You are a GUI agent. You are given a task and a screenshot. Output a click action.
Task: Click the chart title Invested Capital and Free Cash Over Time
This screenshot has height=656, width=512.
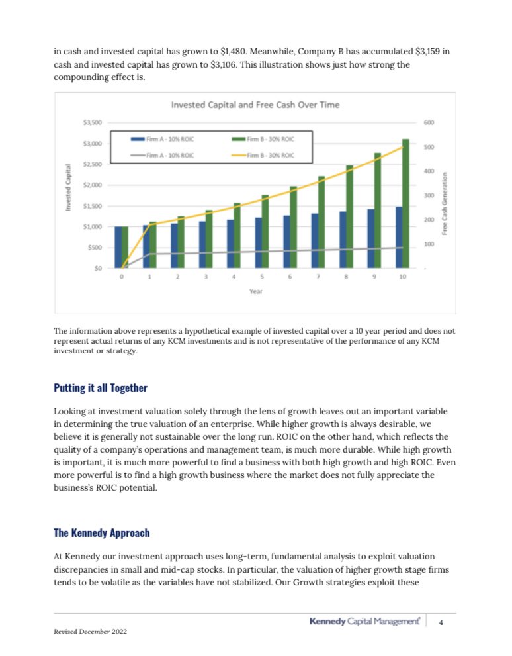pyautogui.click(x=255, y=105)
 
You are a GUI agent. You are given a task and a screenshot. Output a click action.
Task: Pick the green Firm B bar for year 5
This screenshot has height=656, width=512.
pyautogui.click(x=265, y=232)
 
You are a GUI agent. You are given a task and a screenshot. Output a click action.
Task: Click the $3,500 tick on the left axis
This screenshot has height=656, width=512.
pyautogui.click(x=92, y=122)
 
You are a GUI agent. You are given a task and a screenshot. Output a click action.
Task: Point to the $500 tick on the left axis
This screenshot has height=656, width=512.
pyautogui.click(x=95, y=248)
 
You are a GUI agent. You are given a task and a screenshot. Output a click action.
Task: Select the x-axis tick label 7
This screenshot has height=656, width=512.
pyautogui.click(x=318, y=277)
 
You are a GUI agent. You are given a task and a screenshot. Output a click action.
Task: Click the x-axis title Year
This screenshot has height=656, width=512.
pyautogui.click(x=255, y=291)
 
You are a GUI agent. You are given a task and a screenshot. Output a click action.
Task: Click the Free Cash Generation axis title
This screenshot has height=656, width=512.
pyautogui.click(x=445, y=203)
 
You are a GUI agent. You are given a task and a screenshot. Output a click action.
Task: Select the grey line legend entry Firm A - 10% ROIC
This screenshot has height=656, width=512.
pyautogui.click(x=162, y=155)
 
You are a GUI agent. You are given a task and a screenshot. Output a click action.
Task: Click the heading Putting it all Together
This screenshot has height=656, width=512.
pyautogui.click(x=101, y=388)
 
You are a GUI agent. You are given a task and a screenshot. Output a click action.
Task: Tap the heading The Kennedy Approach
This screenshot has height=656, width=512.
pyautogui.click(x=102, y=533)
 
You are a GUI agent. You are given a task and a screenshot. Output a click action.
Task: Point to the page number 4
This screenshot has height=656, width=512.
pyautogui.click(x=441, y=621)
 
